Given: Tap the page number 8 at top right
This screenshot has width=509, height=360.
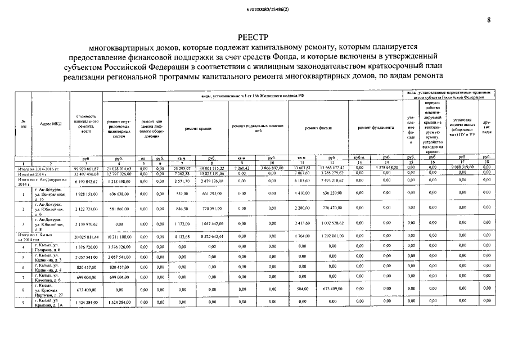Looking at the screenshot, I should coord(489,20).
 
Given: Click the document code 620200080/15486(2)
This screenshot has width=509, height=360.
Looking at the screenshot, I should coord(254,8).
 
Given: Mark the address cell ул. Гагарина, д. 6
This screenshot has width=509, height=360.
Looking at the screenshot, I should coord(47,247).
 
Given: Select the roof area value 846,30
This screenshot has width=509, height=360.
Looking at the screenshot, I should coord(182,209).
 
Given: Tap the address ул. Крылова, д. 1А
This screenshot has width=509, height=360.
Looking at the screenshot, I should coord(47,304).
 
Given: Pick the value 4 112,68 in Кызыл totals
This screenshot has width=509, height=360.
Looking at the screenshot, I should coord(182,236).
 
